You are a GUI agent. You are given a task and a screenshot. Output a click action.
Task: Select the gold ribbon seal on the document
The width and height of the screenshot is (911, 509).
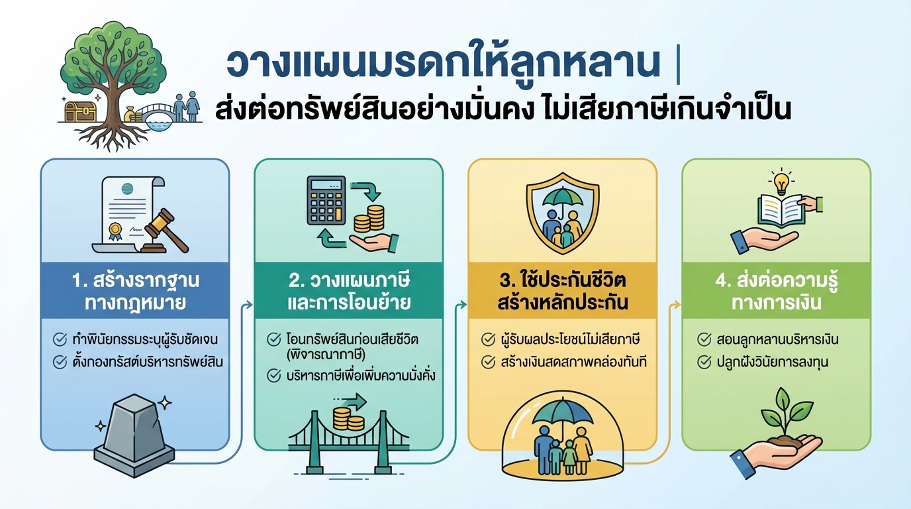pos(116,231)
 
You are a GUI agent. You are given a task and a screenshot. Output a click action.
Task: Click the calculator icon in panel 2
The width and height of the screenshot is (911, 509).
pos(328,199)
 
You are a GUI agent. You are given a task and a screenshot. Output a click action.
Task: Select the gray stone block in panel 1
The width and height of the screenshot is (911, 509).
pos(135,427)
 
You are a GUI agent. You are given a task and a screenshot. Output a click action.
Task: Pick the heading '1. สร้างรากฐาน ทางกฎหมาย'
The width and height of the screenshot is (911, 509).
pos(136,291)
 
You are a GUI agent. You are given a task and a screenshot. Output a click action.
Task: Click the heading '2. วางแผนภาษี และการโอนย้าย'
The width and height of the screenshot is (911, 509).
pos(349,291)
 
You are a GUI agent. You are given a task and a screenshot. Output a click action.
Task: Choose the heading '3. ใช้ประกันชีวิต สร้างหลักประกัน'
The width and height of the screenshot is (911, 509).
pos(562,291)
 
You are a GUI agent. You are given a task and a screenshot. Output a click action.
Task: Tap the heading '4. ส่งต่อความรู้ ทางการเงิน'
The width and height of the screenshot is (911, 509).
pos(776,291)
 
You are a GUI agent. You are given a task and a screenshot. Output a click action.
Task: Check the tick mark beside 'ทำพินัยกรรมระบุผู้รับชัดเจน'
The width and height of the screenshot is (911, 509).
pos(59,340)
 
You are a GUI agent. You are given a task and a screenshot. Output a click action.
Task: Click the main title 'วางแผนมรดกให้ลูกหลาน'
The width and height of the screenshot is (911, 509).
pos(444,65)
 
